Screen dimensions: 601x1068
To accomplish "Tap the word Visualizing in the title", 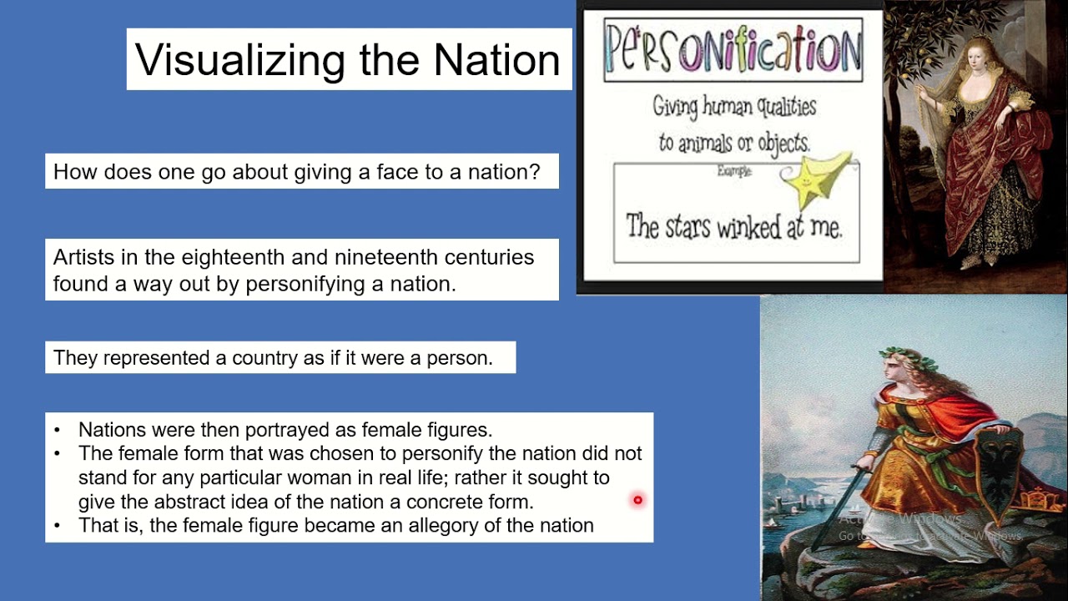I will click(x=241, y=60).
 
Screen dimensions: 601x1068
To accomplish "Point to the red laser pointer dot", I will click(x=637, y=500).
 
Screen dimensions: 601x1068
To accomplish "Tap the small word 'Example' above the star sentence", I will click(x=734, y=171).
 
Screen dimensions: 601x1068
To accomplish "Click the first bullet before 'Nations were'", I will click(x=57, y=430).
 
